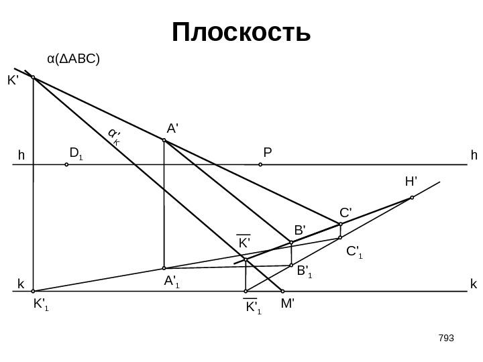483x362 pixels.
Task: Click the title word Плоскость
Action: pyautogui.click(x=241, y=32)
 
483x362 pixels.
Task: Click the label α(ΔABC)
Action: pyautogui.click(x=73, y=60)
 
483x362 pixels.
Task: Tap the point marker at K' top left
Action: pyautogui.click(x=33, y=78)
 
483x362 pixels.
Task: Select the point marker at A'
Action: pyautogui.click(x=164, y=141)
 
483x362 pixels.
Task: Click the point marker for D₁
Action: pyautogui.click(x=66, y=164)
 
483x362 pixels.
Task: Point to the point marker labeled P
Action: pyautogui.click(x=260, y=164)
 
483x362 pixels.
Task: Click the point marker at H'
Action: pyautogui.click(x=412, y=198)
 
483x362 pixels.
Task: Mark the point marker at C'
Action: pyautogui.click(x=341, y=224)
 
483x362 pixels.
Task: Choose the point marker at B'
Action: pyautogui.click(x=291, y=242)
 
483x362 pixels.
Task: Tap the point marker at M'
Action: pyautogui.click(x=282, y=292)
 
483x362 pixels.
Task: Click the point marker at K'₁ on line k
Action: pyautogui.click(x=33, y=292)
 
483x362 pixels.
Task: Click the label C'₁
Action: pyautogui.click(x=354, y=252)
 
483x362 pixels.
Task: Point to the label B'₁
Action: pyautogui.click(x=305, y=271)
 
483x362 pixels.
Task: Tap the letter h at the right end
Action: pyautogui.click(x=474, y=156)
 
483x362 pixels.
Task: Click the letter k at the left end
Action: pyautogui.click(x=20, y=284)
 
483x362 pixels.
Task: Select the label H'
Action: pyautogui.click(x=411, y=181)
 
